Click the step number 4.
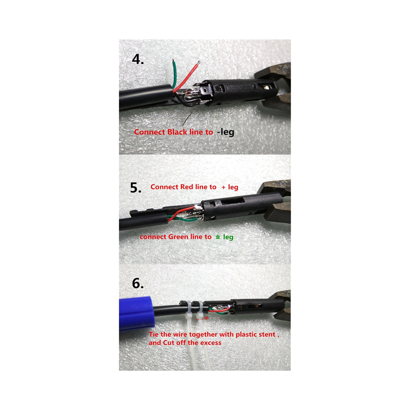coord(138,59)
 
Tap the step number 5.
coord(136,188)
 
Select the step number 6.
coord(138,283)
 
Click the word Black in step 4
coord(177,132)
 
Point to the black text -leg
coord(225,132)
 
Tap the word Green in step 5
coord(178,237)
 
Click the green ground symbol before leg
coord(218,237)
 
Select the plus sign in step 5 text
coord(223,187)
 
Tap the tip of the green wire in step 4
coord(173,60)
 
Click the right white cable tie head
coord(201,309)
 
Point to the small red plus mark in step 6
coord(207,318)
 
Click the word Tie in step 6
coord(154,335)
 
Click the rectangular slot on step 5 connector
coord(233,201)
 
